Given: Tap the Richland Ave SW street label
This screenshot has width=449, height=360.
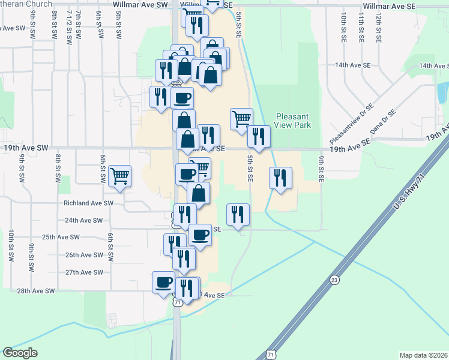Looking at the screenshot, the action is point(89,203).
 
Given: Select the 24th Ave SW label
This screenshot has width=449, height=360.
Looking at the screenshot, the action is point(80,220).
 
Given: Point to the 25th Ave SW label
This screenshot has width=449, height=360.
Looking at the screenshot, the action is point(62,237).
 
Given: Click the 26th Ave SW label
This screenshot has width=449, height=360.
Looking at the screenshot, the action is point(85,255).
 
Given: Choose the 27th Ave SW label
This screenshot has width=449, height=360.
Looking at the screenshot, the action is point(85,272).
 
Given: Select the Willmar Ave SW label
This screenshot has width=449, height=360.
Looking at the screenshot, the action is point(140,4).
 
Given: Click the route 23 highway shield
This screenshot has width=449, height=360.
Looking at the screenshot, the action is point(334,280).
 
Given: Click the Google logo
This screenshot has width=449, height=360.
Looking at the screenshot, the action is point(20,353).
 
